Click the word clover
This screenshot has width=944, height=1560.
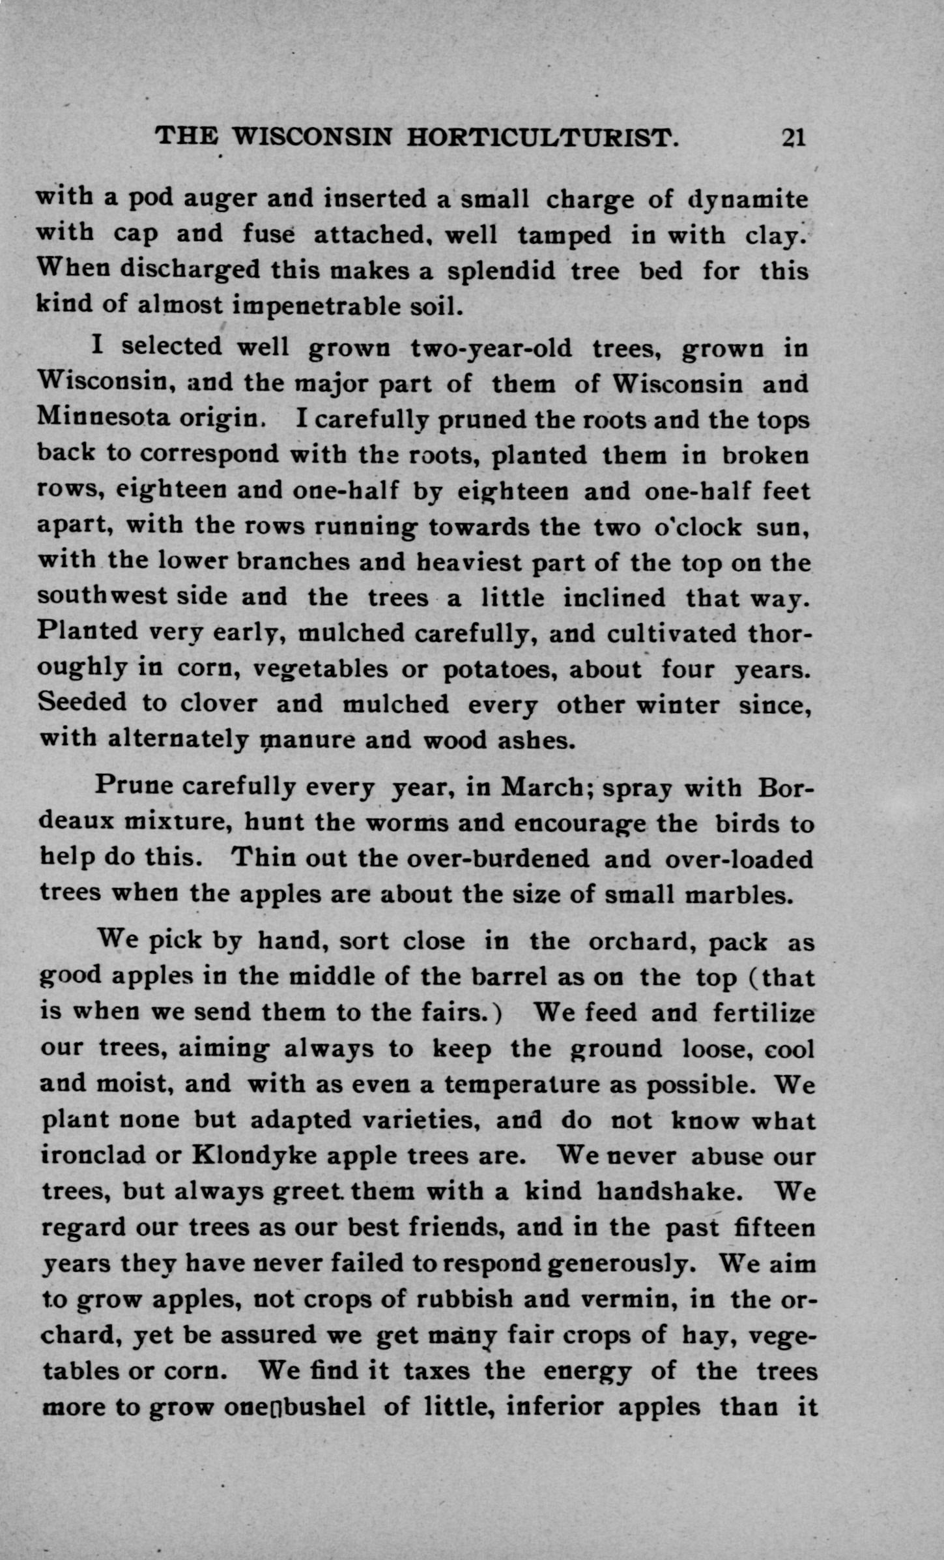click(218, 704)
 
